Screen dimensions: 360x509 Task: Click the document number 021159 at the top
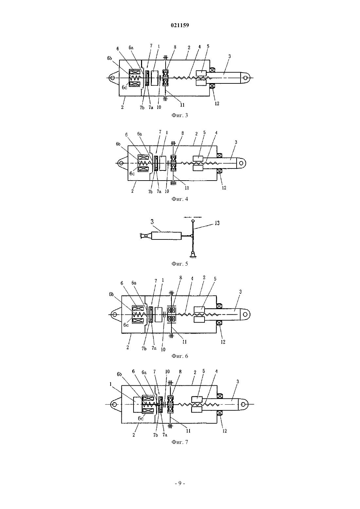coord(180,25)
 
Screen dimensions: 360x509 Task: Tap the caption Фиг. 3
coord(180,115)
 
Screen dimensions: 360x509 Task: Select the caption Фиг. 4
coord(180,199)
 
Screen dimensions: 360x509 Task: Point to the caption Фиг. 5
coord(180,264)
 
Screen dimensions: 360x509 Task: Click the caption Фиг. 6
coord(180,356)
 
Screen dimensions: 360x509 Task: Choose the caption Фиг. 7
coord(180,442)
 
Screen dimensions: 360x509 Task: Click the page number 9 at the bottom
coord(180,483)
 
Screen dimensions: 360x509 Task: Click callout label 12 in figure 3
coord(217,103)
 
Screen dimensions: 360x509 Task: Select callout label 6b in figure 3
coord(110,58)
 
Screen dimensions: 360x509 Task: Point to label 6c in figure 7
coord(141,418)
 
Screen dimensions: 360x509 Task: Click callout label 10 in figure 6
coord(163,349)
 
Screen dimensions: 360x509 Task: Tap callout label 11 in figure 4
coord(187,188)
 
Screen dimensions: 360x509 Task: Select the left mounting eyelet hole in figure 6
coord(115,314)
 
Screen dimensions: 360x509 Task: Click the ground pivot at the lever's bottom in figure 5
coord(193,253)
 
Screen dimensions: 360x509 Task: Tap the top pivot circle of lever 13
coord(193,221)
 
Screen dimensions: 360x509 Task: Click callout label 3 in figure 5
coord(152,221)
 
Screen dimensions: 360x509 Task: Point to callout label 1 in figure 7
coord(111,384)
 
